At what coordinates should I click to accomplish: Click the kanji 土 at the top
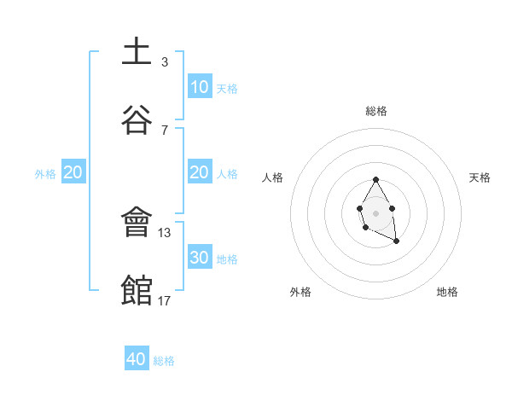[x=137, y=52]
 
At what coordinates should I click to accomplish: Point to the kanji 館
[x=137, y=290]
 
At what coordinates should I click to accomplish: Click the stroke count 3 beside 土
[x=164, y=62]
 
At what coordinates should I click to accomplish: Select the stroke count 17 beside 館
[x=165, y=300]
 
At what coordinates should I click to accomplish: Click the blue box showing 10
[x=199, y=87]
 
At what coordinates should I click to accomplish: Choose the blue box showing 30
[x=199, y=258]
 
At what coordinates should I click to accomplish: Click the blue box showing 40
[x=137, y=359]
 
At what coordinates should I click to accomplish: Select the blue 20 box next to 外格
[x=73, y=172]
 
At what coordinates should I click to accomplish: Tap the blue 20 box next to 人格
[x=199, y=172]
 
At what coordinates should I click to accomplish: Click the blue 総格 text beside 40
[x=164, y=361]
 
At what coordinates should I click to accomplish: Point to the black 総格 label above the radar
[x=376, y=111]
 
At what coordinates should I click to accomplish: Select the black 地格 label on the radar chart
[x=447, y=292]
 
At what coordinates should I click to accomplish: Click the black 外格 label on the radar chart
[x=300, y=292]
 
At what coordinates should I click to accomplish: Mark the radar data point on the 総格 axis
[x=375, y=179]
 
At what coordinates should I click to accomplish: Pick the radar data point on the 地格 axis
[x=396, y=241]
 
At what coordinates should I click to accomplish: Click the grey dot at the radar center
[x=375, y=212]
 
